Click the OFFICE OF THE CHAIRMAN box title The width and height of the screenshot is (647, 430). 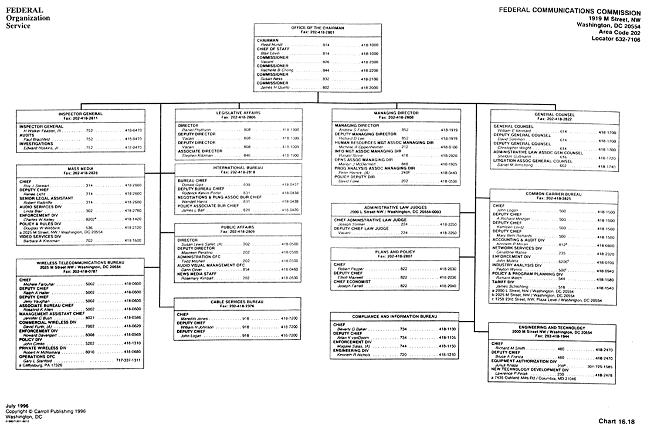pyautogui.click(x=317, y=28)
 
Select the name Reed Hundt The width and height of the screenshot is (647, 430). pyautogui.click(x=272, y=45)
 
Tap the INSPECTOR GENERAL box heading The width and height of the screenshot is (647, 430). pyautogui.click(x=80, y=114)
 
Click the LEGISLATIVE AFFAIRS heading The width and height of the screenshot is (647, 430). pyautogui.click(x=238, y=111)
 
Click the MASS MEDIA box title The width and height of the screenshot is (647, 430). pyautogui.click(x=81, y=169)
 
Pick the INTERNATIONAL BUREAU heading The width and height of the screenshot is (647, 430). pyautogui.click(x=238, y=168)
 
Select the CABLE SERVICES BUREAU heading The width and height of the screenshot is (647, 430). pyautogui.click(x=238, y=301)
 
